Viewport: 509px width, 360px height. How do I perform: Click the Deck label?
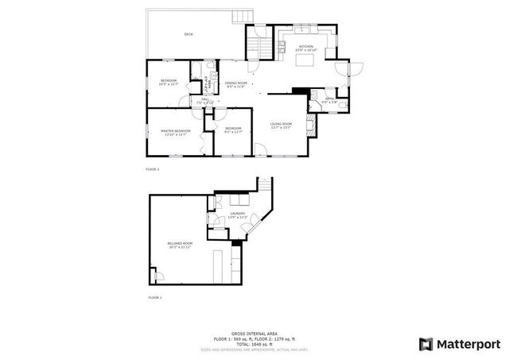point(188,34)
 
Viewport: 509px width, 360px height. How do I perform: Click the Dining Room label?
point(236,84)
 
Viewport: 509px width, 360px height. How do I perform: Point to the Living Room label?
point(282,125)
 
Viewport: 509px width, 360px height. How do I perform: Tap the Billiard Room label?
point(179,244)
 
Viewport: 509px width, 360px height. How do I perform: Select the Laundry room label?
point(238,215)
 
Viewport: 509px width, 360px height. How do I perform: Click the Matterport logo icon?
point(425,343)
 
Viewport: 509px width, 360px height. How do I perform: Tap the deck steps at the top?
point(241,16)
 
